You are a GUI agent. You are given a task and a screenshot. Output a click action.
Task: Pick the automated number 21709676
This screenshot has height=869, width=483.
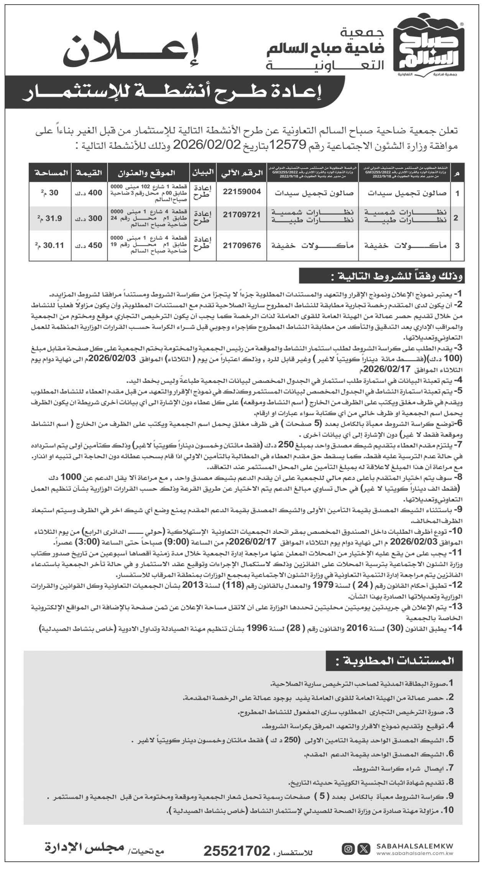(242, 245)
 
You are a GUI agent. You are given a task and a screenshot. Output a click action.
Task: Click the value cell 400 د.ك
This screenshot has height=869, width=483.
(90, 193)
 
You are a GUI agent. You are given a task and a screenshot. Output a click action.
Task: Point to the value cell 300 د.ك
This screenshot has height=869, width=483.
(90, 218)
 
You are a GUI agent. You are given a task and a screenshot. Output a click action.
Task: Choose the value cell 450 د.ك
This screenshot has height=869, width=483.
(90, 245)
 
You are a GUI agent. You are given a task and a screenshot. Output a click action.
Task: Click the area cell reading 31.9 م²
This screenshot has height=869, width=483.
(50, 218)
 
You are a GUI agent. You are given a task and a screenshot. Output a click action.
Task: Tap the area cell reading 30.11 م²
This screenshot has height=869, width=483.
(50, 245)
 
